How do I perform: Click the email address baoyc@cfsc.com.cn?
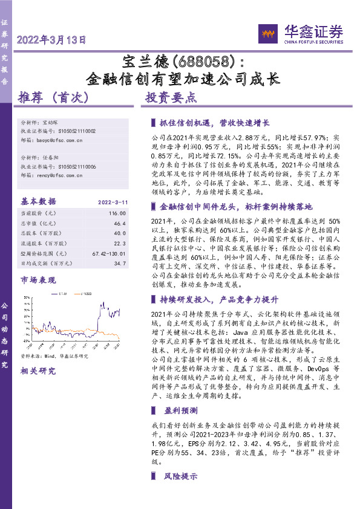click(x=60, y=140)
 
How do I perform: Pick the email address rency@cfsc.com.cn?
click(x=59, y=175)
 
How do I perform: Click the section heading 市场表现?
click(x=38, y=280)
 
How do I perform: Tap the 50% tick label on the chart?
click(x=26, y=297)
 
